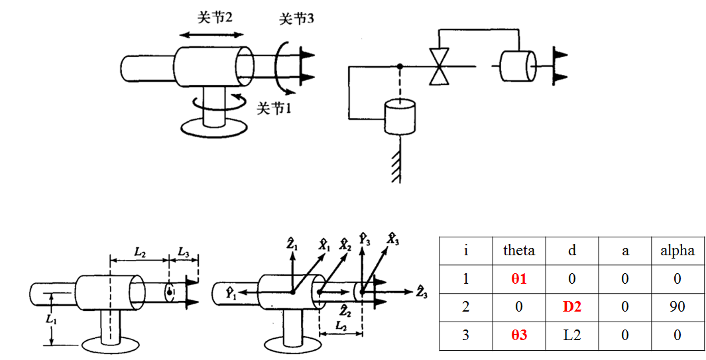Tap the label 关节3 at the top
[296, 19]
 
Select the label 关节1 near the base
[274, 107]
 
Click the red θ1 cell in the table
[518, 278]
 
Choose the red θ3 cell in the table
[518, 335]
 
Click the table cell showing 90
[677, 307]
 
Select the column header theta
[518, 250]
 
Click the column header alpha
[677, 250]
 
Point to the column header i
[465, 250]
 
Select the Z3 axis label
[421, 290]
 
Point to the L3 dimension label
[184, 253]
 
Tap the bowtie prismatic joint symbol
[438, 66]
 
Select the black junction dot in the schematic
[399, 66]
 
